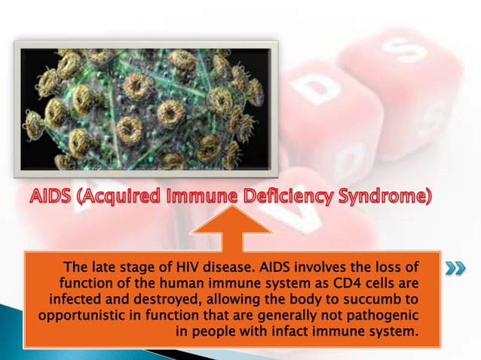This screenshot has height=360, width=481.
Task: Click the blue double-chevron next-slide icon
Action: point(455,269)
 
